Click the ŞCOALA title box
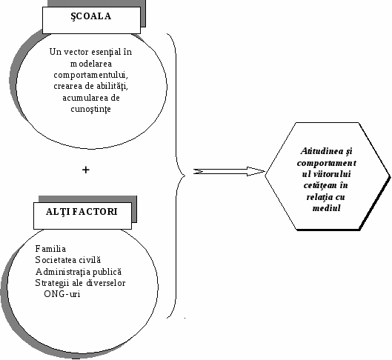tap(91, 20)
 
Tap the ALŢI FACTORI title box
tap(82, 216)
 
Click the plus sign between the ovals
tap(86, 170)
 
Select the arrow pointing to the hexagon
tap(229, 172)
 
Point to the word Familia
tap(50, 249)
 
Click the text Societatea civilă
tap(68, 260)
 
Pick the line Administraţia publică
tap(79, 272)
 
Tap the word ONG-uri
tap(62, 294)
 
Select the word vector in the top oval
tap(76, 52)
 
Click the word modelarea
tap(91, 64)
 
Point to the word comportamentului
tap(90, 75)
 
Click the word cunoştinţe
tap(90, 109)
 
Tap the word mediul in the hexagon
tap(327, 208)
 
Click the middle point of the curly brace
tap(185, 176)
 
